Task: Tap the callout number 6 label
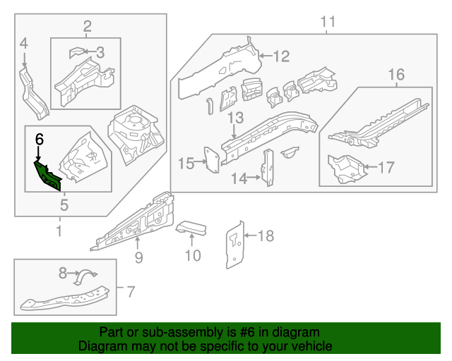pos(40,139)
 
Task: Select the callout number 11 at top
pos(328,22)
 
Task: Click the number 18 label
pos(265,235)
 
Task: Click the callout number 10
pos(193,255)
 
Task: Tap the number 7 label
pos(129,290)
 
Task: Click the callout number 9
pos(138,257)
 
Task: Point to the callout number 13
pos(235,118)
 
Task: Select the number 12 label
pos(281,56)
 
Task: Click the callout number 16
pos(396,74)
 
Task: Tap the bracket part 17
pos(345,167)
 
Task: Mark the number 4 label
pos(24,44)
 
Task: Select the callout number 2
pos(87,27)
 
